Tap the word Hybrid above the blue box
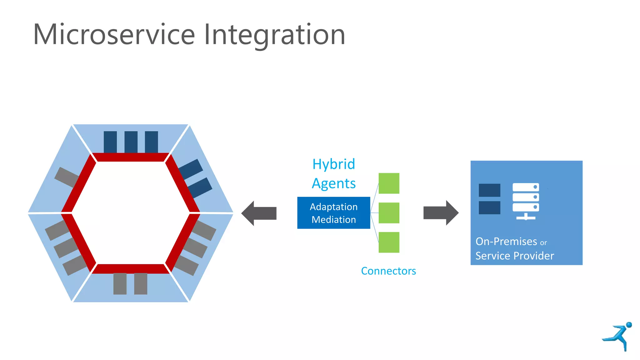(x=334, y=164)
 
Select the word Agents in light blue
(x=334, y=183)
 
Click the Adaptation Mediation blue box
(x=333, y=213)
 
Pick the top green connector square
(x=389, y=183)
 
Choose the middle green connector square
(x=389, y=213)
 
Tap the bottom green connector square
(x=389, y=242)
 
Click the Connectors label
(x=388, y=271)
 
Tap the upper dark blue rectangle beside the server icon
(x=489, y=190)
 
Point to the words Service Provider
(x=514, y=256)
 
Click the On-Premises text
(x=506, y=242)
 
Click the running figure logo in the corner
(x=617, y=336)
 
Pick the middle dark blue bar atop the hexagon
(x=131, y=142)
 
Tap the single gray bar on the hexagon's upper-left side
(x=67, y=177)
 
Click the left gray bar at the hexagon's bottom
(x=120, y=284)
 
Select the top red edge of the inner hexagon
(x=131, y=157)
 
